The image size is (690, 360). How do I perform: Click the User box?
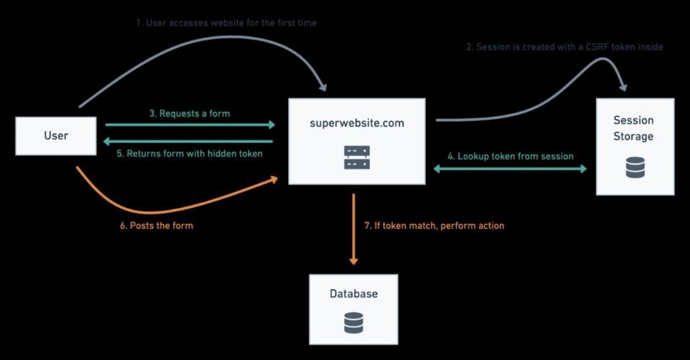[56, 136]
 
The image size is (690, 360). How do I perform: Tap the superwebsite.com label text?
[357, 123]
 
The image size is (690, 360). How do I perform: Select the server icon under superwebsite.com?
[357, 158]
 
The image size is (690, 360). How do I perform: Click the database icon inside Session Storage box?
[635, 168]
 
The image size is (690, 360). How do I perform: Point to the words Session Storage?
[633, 128]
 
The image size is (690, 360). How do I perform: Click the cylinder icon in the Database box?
[354, 323]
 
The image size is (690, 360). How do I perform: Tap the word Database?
[354, 293]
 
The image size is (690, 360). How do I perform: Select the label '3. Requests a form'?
[189, 113]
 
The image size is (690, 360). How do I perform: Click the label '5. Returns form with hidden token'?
[189, 154]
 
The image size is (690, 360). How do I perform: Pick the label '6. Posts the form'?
[156, 226]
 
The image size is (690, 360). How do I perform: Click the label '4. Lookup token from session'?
[511, 156]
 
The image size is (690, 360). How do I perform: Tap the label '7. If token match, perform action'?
[435, 226]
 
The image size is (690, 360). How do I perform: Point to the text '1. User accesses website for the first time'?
[226, 23]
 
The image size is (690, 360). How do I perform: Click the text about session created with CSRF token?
[565, 47]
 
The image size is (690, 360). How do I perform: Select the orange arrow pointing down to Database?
[353, 229]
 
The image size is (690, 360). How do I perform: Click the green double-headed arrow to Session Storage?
[511, 169]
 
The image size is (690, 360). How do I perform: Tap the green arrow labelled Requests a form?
[190, 125]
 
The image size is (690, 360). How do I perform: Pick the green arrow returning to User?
[188, 142]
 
